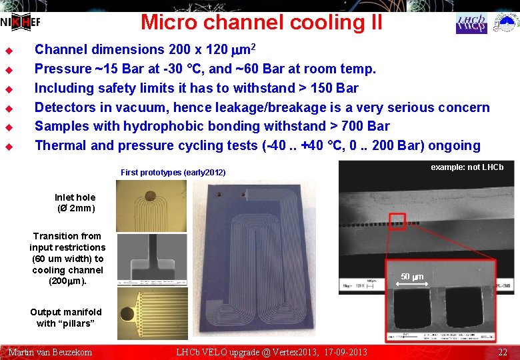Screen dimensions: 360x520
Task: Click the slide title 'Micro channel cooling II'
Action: coord(261,22)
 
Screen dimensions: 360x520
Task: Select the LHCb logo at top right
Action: coord(471,23)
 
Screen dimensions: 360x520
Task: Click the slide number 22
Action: coord(503,352)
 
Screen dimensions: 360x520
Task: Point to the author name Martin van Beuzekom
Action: coord(50,352)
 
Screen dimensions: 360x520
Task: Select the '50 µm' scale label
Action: coord(411,277)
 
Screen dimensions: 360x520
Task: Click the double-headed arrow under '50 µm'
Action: coord(411,285)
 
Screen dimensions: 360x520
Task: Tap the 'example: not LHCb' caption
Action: coord(467,167)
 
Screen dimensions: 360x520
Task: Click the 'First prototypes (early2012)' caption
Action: coord(173,173)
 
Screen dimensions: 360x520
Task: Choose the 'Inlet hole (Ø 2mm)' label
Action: coord(75,203)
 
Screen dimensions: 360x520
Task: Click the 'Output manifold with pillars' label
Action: coord(65,317)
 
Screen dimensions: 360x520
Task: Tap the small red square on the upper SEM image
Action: coord(397,219)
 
